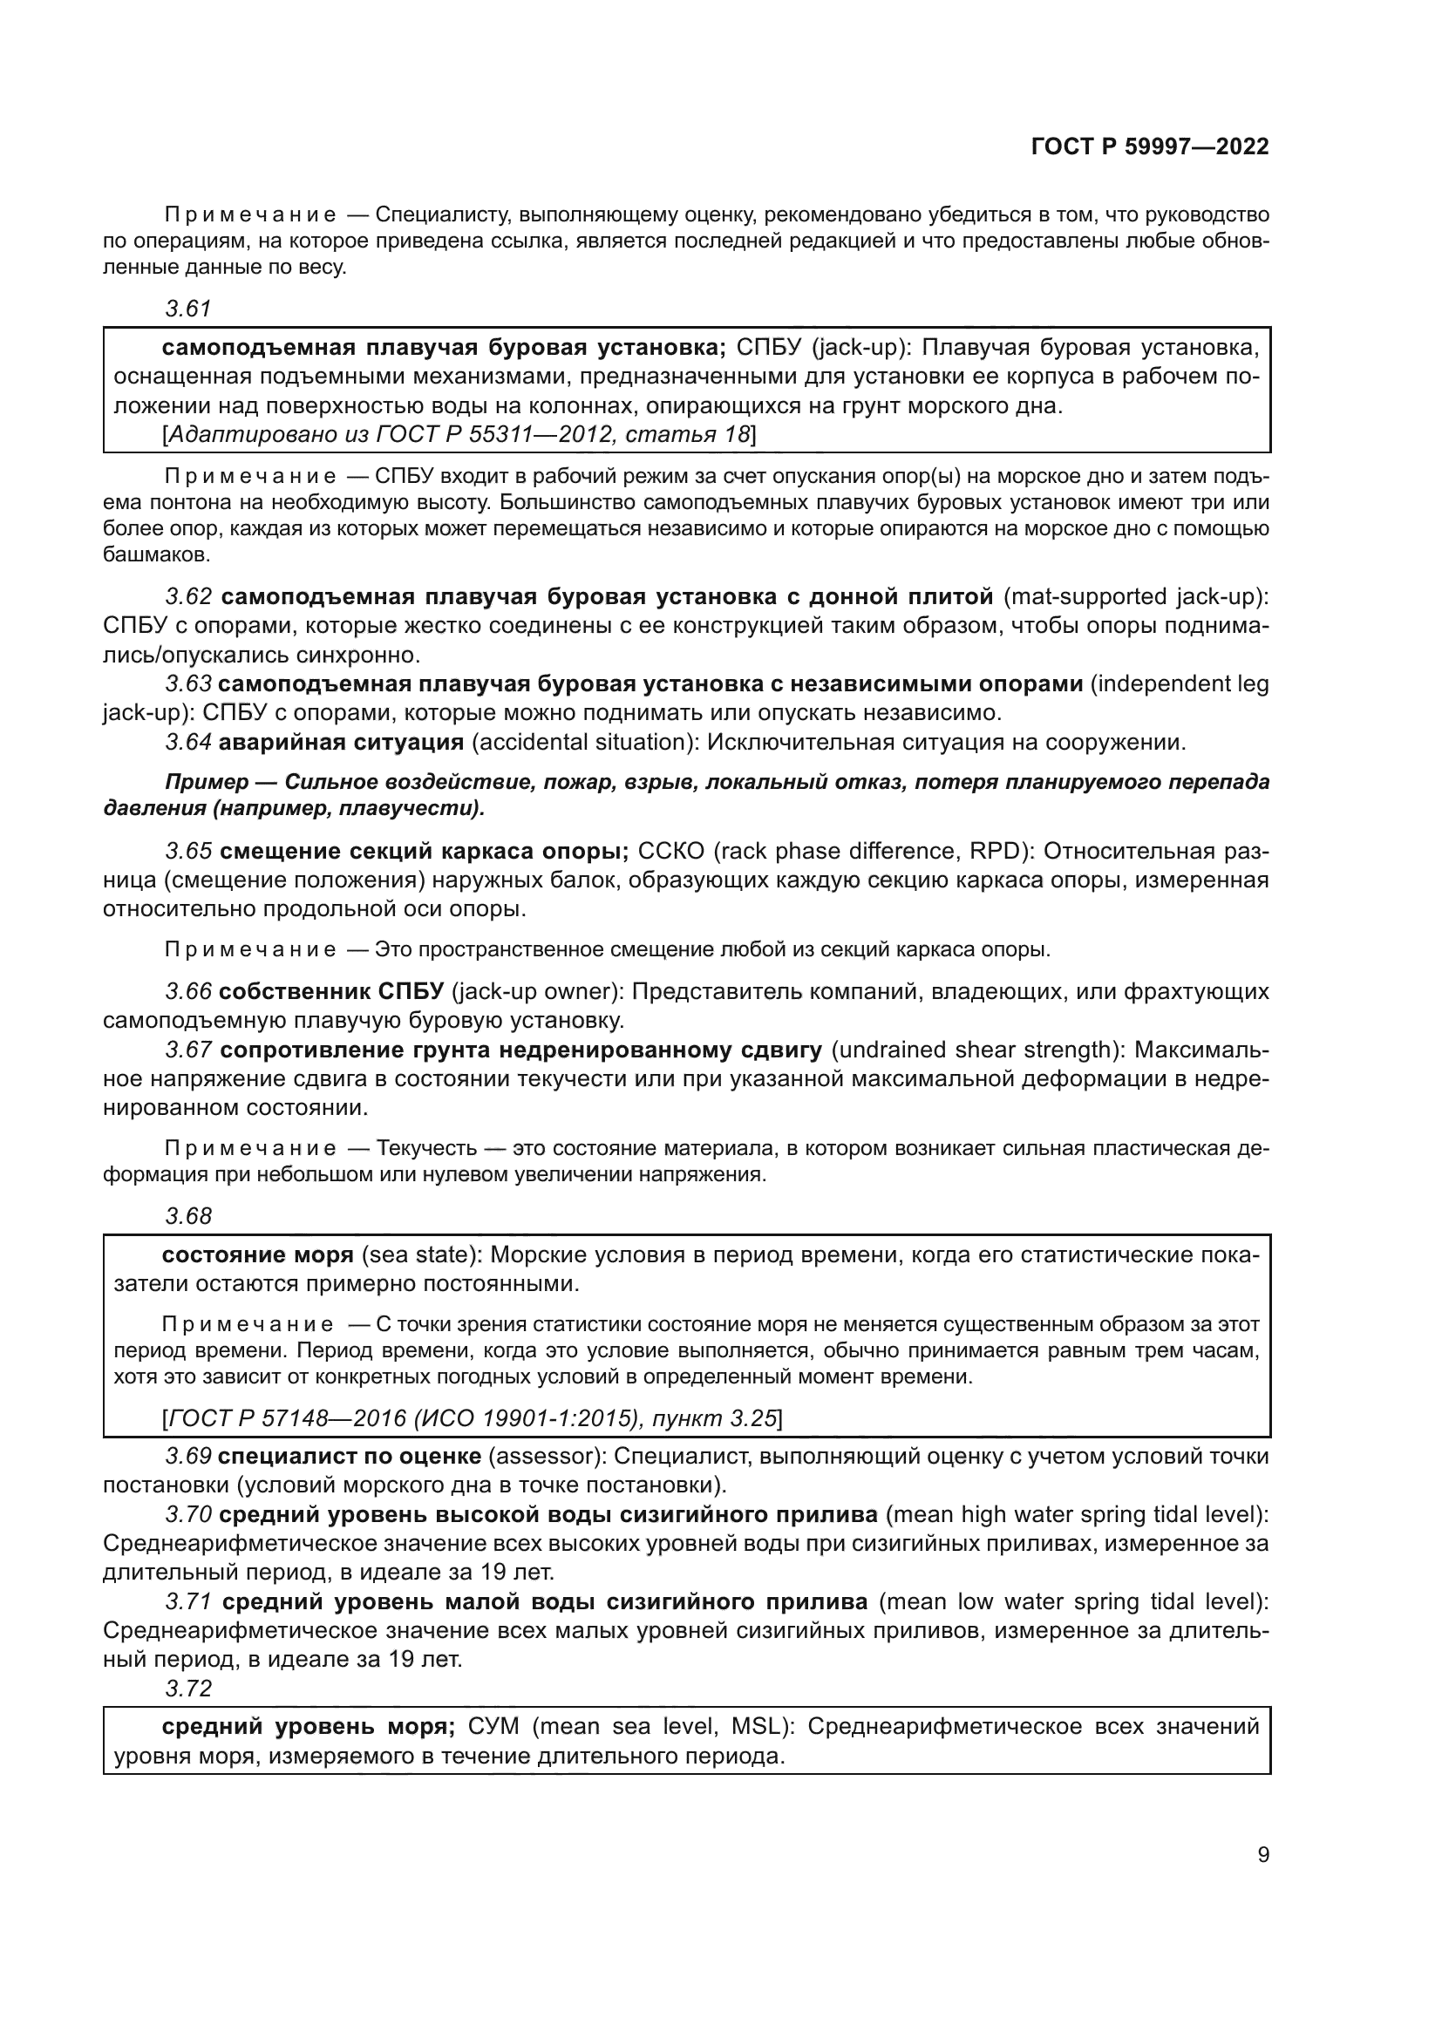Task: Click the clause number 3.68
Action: [x=188, y=1216]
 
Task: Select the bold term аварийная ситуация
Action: [x=341, y=743]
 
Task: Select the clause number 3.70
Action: [x=188, y=1514]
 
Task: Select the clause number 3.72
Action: [x=188, y=1689]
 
